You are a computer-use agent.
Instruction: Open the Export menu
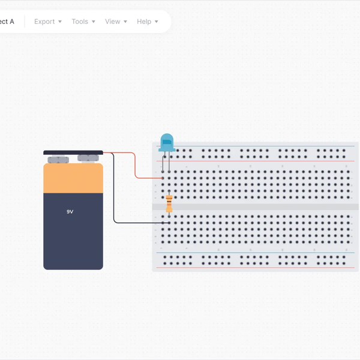[44, 22]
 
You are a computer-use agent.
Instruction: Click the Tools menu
[80, 22]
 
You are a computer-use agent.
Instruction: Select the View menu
[112, 22]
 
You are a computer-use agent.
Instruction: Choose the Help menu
[144, 22]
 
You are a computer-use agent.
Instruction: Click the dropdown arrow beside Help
[157, 22]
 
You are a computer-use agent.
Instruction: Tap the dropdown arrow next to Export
[60, 22]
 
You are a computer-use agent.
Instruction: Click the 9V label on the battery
[70, 212]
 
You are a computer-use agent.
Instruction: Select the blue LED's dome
[167, 141]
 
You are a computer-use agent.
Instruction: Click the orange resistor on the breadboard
[169, 203]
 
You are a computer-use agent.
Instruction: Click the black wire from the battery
[114, 198]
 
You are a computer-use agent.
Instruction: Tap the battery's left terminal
[58, 160]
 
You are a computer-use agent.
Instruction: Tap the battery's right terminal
[88, 158]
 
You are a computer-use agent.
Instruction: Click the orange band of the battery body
[73, 178]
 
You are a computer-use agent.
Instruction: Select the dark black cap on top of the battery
[73, 152]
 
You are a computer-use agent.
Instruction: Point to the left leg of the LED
[163, 162]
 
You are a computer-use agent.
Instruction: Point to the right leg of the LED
[169, 162]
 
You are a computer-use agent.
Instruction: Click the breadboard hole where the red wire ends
[163, 178]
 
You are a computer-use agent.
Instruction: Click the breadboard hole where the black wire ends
[163, 223]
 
